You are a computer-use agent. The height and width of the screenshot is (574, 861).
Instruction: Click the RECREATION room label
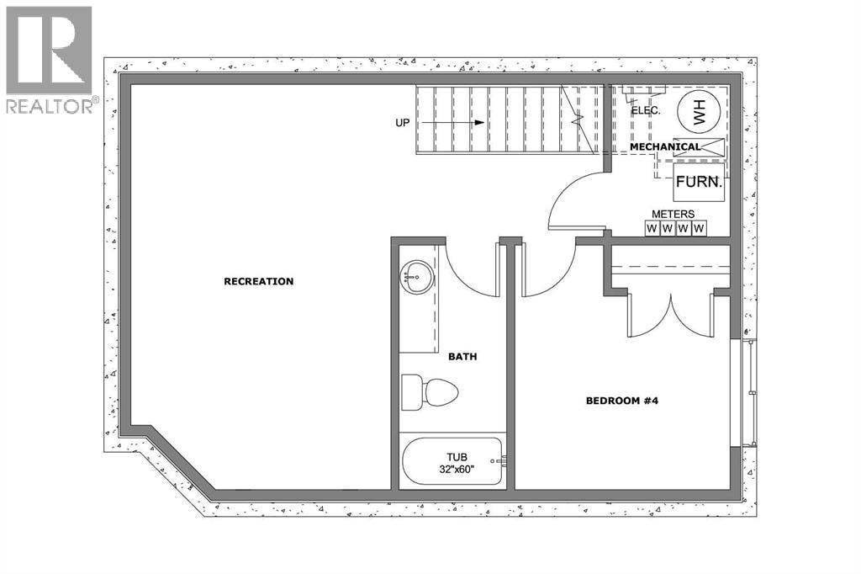pos(259,281)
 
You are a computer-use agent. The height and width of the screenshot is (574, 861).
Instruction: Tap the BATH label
pos(462,357)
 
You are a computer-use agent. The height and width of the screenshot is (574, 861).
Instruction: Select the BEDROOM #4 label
pos(622,401)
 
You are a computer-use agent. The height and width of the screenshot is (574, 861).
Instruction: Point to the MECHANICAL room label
pos(665,146)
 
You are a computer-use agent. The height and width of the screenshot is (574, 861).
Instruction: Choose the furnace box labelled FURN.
pos(699,182)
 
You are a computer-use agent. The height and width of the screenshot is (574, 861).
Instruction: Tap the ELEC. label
pos(646,110)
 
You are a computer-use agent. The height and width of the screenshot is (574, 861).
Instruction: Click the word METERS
pos(673,214)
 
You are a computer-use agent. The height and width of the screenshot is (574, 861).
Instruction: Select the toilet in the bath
pos(430,392)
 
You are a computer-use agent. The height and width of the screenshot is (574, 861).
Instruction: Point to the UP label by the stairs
pos(403,123)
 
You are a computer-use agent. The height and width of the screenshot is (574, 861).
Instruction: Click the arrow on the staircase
pos(453,123)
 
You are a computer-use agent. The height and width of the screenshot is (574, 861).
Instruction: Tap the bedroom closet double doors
pos(670,316)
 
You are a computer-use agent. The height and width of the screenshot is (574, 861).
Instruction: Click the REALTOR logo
pos(50,60)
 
